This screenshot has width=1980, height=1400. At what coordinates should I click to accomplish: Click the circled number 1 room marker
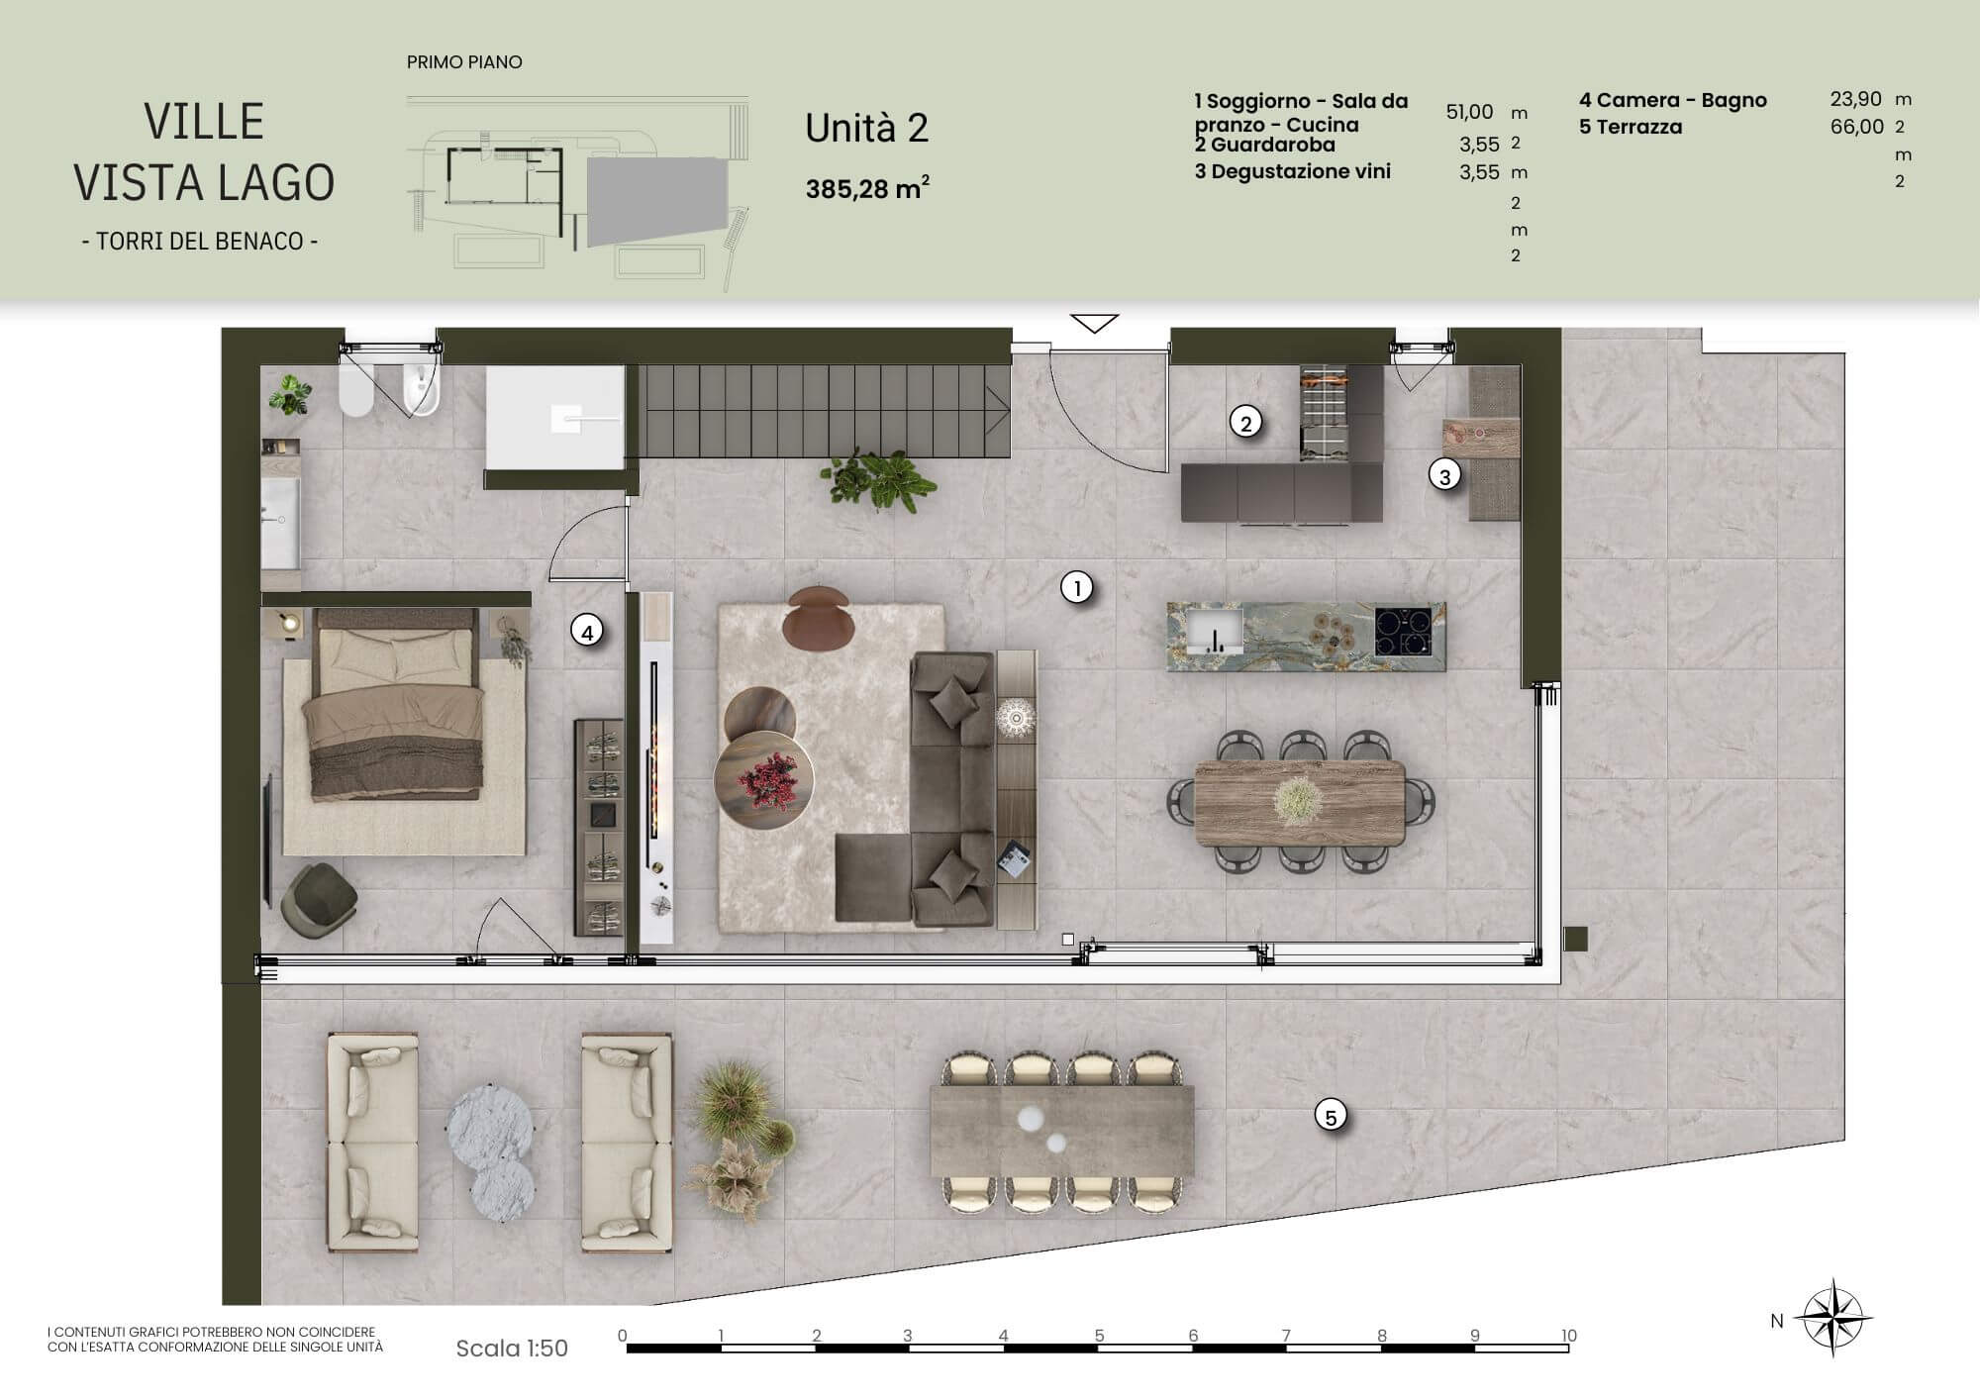[x=1076, y=588]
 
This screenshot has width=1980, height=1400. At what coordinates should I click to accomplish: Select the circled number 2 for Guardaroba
[x=1245, y=423]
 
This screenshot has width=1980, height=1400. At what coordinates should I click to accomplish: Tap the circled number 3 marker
[x=1444, y=476]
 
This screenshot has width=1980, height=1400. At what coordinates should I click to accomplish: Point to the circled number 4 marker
[x=587, y=631]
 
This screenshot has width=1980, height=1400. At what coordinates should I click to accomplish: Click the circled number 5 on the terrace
[x=1331, y=1117]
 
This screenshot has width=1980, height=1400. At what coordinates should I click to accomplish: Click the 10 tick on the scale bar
[x=1568, y=1336]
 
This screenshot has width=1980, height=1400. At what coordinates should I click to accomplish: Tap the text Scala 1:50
[x=512, y=1349]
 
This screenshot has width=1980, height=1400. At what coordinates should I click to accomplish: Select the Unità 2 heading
[x=866, y=129]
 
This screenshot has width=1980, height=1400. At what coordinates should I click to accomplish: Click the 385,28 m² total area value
[x=867, y=188]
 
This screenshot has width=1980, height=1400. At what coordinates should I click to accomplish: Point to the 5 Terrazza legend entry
[x=1631, y=127]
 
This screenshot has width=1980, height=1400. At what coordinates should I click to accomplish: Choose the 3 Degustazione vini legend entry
[x=1293, y=171]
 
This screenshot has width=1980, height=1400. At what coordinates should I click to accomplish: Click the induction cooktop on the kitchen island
[x=1403, y=631]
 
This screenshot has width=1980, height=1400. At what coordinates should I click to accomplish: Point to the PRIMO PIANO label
[x=464, y=62]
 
